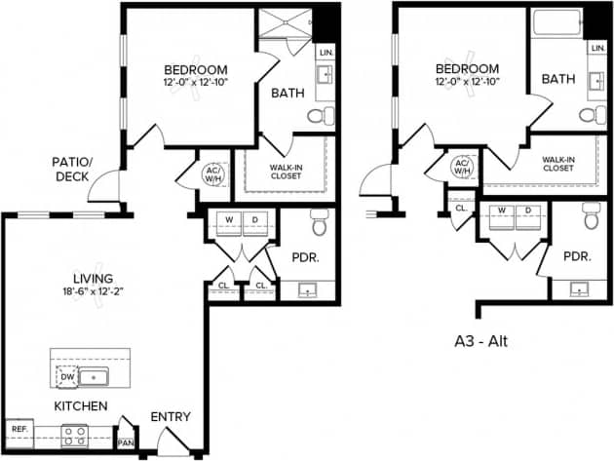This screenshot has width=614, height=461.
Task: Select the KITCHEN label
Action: (x=81, y=405)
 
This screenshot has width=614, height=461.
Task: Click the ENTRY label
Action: (x=170, y=417)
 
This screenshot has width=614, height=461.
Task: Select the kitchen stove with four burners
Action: (x=75, y=435)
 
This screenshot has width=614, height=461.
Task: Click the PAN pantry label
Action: (x=124, y=442)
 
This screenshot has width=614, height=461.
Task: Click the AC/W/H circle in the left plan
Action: (x=213, y=172)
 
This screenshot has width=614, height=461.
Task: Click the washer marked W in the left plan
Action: (x=227, y=220)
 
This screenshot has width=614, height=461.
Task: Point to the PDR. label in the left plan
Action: (x=306, y=257)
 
